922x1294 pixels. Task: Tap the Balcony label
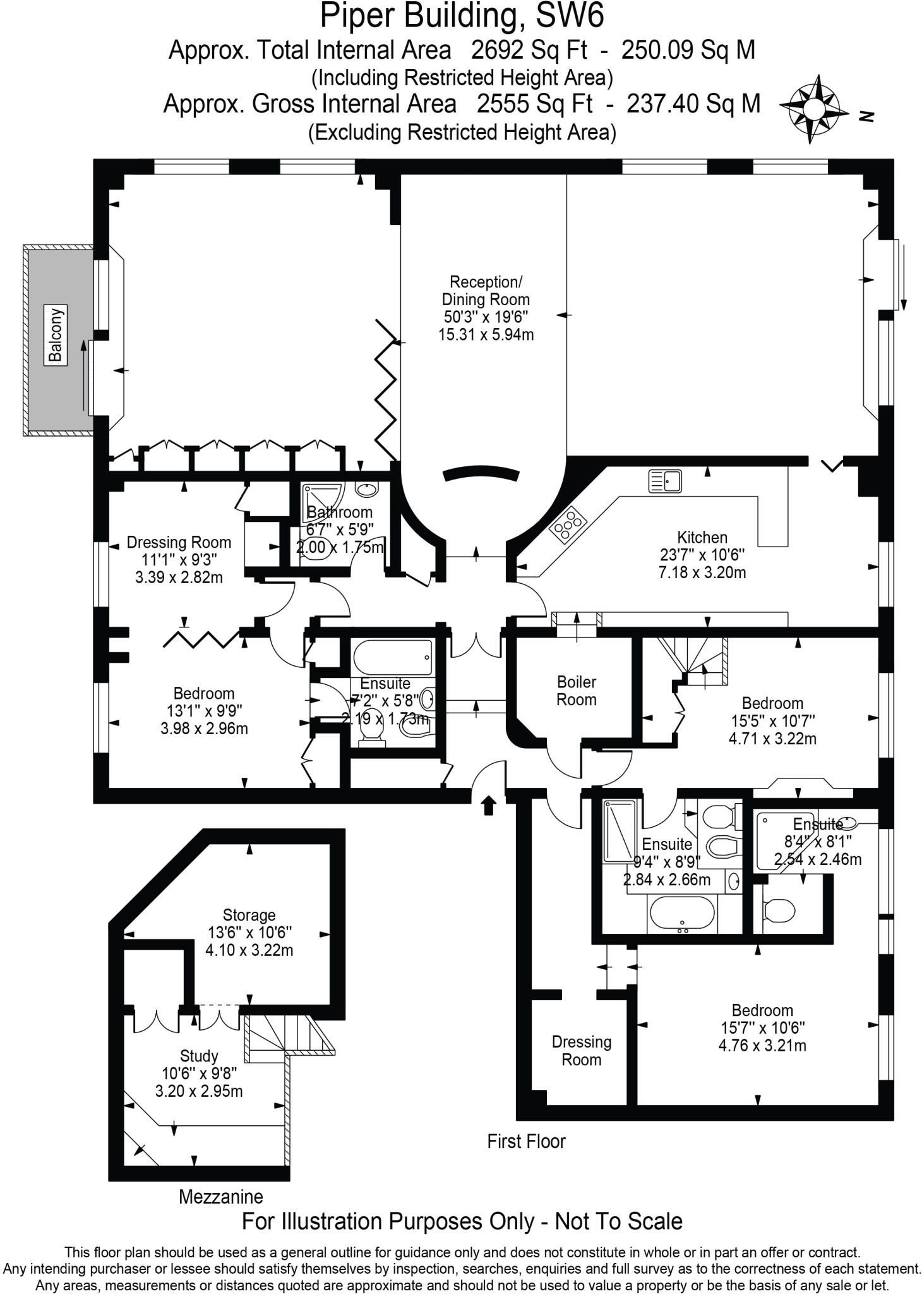[56, 334]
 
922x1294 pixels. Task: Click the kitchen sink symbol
[665, 481]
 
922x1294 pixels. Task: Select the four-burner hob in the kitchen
[568, 524]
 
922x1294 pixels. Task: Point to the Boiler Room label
[576, 691]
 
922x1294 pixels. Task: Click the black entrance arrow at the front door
[489, 806]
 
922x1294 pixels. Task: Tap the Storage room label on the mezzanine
[249, 915]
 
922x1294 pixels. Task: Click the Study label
[199, 1056]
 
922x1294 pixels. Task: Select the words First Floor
[526, 1141]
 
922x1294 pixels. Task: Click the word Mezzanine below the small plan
[220, 1196]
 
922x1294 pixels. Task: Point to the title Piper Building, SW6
[462, 16]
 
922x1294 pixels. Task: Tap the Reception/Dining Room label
[486, 290]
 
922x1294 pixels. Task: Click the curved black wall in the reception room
[481, 472]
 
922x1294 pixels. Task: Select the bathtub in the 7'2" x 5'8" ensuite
[392, 658]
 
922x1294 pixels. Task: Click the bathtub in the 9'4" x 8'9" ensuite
[681, 914]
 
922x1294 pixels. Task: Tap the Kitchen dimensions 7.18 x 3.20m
[702, 572]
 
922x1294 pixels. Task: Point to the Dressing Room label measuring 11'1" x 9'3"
[179, 542]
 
